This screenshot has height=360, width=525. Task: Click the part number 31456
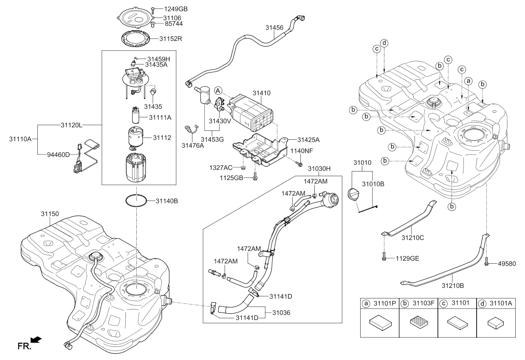274,28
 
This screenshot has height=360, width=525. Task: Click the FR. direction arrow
37,339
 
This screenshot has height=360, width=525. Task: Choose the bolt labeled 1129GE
384,257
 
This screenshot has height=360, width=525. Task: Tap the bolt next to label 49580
486,263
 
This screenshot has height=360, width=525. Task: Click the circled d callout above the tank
384,43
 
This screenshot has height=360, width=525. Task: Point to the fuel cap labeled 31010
353,194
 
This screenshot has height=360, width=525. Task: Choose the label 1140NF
301,151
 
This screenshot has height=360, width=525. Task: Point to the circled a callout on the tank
468,80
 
